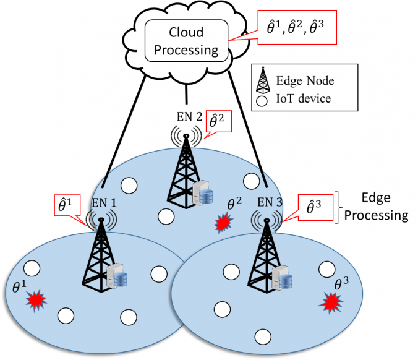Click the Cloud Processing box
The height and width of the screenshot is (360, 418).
(183, 40)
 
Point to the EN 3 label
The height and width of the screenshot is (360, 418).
(268, 202)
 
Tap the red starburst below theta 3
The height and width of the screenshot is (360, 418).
(333, 301)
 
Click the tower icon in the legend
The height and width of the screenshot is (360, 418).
(263, 80)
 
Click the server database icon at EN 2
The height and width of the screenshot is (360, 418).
(203, 194)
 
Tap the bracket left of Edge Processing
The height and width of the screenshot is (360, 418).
(339, 208)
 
